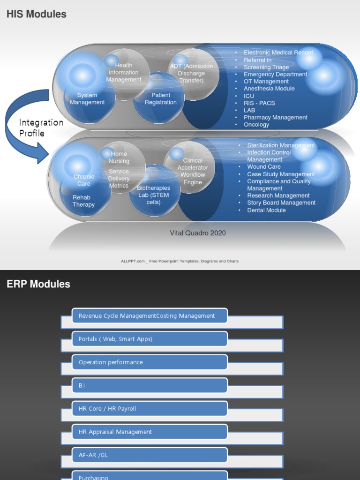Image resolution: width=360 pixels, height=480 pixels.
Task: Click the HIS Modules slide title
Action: [x=37, y=14]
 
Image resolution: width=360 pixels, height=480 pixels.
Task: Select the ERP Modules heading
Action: [x=38, y=284]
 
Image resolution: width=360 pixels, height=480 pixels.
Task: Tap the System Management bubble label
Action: [x=87, y=99]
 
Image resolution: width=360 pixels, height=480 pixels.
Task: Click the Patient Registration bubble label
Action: [x=161, y=99]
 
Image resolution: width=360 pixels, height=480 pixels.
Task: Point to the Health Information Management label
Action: [x=124, y=73]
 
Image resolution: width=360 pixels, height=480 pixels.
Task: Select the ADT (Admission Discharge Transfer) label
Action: [x=191, y=73]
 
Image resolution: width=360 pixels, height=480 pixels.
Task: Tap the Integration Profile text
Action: [x=41, y=127]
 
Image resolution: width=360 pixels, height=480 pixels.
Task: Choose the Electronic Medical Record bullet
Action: [x=278, y=52]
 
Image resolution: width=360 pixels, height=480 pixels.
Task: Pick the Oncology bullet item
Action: [x=256, y=125]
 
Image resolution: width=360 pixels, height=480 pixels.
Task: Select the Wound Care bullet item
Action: [x=264, y=166]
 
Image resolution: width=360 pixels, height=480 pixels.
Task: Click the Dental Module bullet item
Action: [x=266, y=210]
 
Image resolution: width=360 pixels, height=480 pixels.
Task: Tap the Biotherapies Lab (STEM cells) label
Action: [x=154, y=195]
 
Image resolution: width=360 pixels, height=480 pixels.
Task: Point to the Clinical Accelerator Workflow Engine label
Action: [x=193, y=172]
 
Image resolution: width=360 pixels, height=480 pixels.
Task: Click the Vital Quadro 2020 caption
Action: [x=198, y=233]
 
